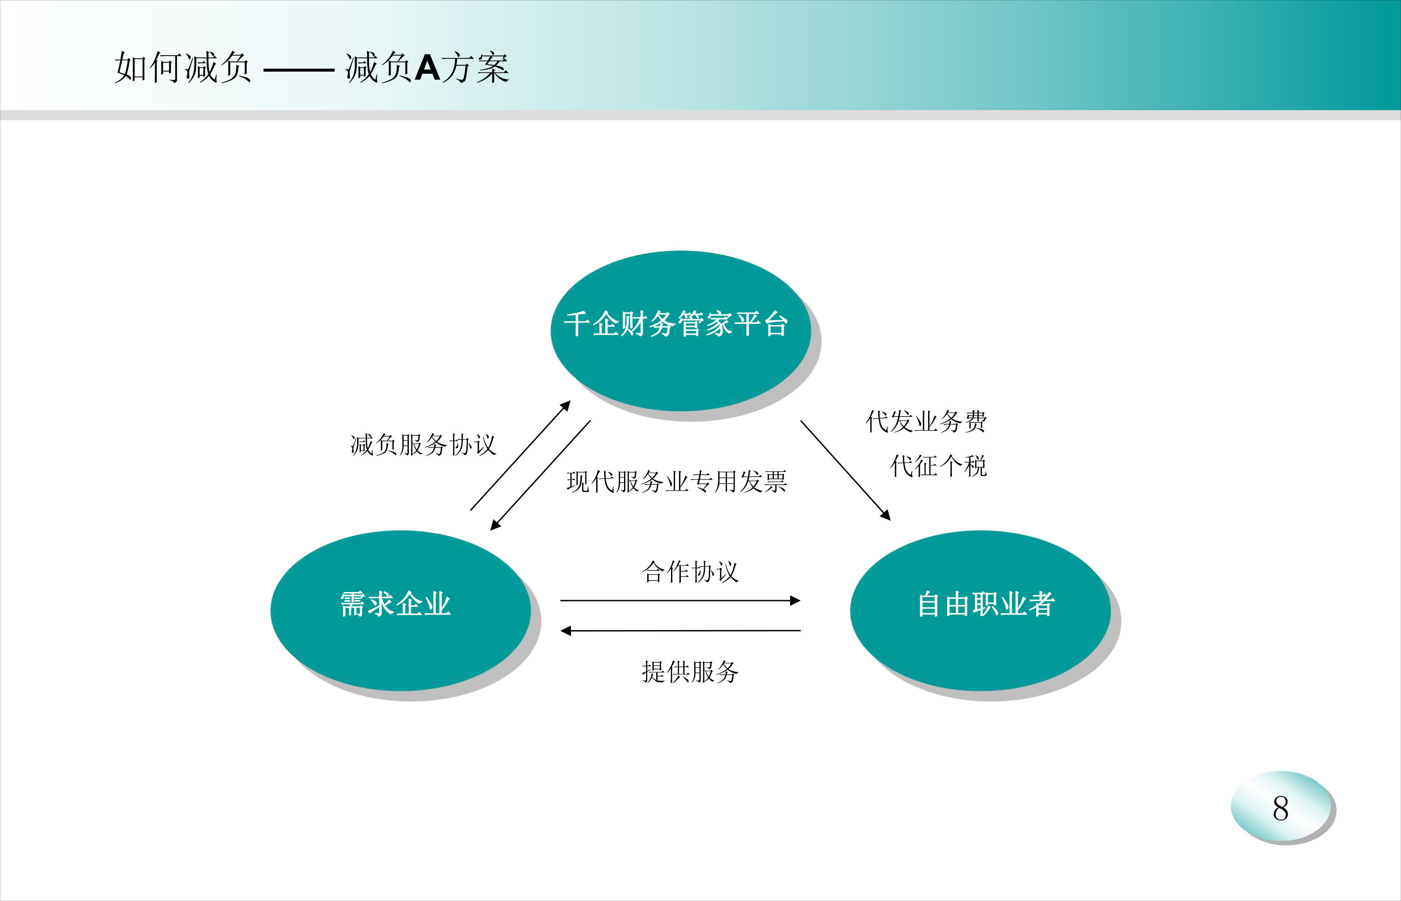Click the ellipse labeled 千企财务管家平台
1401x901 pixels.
click(x=681, y=331)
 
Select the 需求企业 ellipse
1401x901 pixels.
click(x=400, y=610)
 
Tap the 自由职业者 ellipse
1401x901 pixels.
click(x=981, y=610)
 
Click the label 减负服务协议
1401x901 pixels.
click(x=423, y=445)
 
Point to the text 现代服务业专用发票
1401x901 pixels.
click(x=677, y=481)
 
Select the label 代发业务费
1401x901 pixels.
click(x=926, y=421)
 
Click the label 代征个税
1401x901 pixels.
click(x=938, y=466)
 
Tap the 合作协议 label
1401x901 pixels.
click(x=690, y=572)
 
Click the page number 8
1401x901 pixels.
click(x=1281, y=809)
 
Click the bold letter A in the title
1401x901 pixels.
click(x=427, y=68)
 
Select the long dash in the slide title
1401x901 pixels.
click(x=299, y=70)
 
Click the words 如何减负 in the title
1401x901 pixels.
click(x=183, y=67)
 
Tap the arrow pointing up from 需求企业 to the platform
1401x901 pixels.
click(x=520, y=455)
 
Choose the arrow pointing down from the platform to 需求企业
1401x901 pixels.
click(x=540, y=475)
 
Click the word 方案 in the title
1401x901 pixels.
click(x=475, y=67)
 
